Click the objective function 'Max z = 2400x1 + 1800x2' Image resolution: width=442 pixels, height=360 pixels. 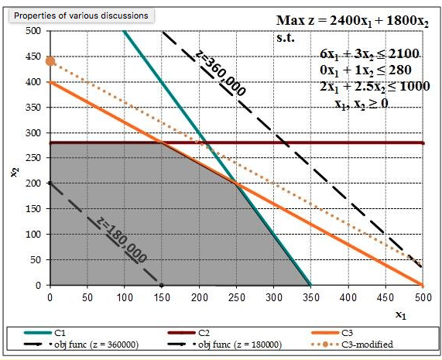tap(352, 21)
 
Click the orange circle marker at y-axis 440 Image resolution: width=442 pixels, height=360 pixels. tap(50, 61)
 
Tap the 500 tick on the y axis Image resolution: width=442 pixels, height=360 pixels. tap(33, 31)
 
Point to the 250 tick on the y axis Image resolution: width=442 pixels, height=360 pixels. tap(33, 158)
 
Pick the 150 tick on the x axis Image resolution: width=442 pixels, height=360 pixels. tap(161, 296)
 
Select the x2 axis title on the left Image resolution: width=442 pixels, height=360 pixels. tap(13, 172)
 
